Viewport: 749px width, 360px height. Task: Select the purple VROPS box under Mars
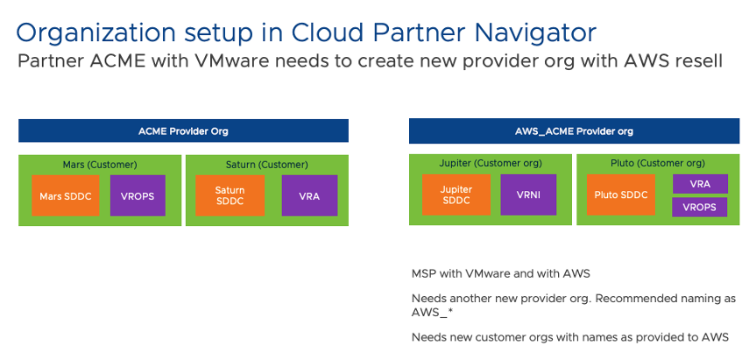pyautogui.click(x=138, y=196)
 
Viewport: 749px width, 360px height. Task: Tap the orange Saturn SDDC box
pyautogui.click(x=230, y=195)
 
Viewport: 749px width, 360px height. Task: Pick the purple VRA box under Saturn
pyautogui.click(x=309, y=196)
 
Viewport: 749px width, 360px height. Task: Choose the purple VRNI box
pyautogui.click(x=527, y=195)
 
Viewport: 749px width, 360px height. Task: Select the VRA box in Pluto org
pyautogui.click(x=700, y=184)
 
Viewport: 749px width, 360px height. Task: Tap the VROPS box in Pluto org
pyautogui.click(x=700, y=208)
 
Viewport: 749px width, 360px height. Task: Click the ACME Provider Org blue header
pyautogui.click(x=184, y=131)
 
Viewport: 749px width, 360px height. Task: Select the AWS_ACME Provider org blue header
pyautogui.click(x=575, y=131)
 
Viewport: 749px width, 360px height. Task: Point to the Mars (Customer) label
pyautogui.click(x=100, y=164)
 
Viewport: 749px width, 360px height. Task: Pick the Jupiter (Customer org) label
pyautogui.click(x=491, y=164)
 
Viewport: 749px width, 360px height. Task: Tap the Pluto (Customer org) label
pyautogui.click(x=658, y=164)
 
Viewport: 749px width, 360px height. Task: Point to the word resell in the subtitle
pyautogui.click(x=698, y=62)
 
